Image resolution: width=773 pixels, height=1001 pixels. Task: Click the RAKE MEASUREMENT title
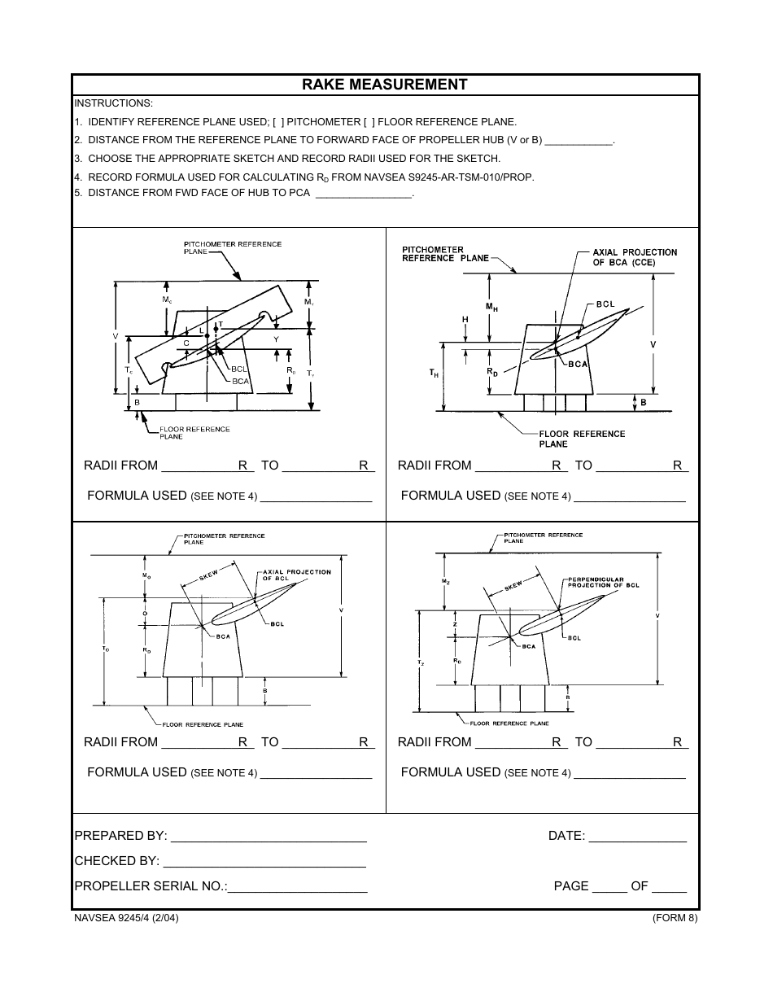(x=385, y=85)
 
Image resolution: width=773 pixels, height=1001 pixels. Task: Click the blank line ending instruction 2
(x=578, y=142)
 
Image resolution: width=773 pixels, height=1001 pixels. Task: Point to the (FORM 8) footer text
(x=675, y=919)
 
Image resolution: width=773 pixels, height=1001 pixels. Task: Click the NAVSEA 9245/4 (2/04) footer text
(x=126, y=919)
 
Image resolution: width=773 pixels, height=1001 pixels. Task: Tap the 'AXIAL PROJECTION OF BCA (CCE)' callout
(x=635, y=257)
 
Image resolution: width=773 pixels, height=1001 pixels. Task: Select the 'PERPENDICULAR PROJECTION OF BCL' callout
(x=603, y=582)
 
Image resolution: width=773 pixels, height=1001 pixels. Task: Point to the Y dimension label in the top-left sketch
(x=276, y=339)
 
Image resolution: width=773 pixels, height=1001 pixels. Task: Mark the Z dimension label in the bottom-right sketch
(x=455, y=624)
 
